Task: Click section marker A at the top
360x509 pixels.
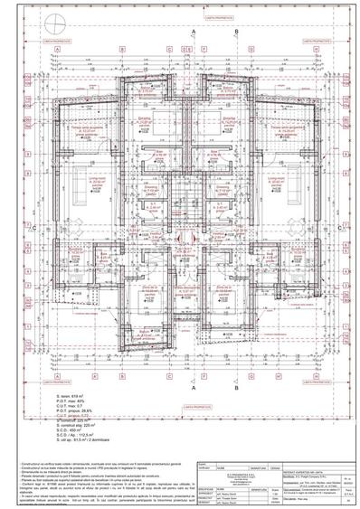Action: (194, 30)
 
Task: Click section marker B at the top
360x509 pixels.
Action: (236, 30)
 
